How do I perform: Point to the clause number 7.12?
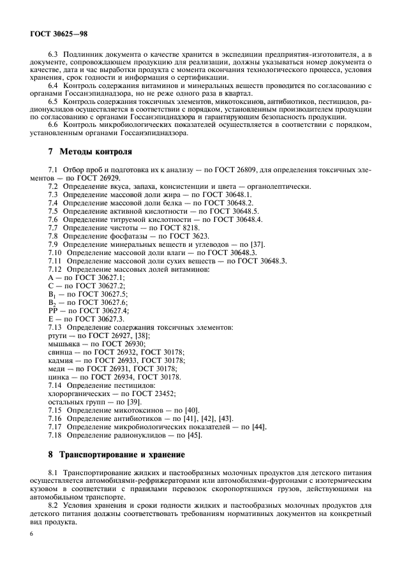pos(57,270)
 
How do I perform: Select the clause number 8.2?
pos(56,506)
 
